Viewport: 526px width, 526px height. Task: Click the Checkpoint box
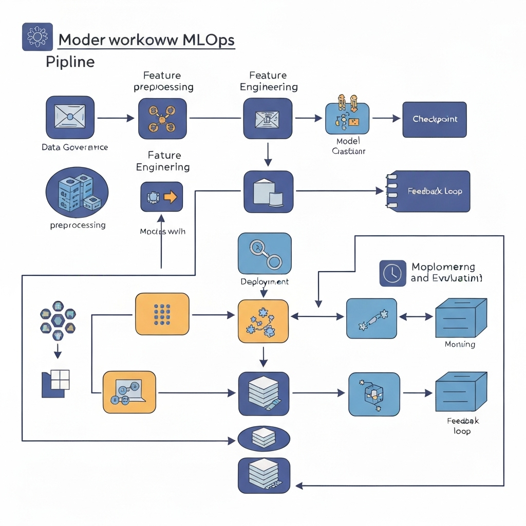pos(434,119)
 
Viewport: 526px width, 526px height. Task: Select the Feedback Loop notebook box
pos(429,191)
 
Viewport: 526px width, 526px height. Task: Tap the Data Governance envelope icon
pos(70,118)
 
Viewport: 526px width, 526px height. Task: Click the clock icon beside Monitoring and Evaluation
pos(392,273)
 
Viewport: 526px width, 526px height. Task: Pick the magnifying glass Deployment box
pos(265,254)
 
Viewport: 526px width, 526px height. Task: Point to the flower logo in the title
pos(37,37)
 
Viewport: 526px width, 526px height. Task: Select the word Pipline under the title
pos(70,62)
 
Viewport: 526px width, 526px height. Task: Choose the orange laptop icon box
pos(128,392)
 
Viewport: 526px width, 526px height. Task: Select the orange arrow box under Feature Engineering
pos(161,197)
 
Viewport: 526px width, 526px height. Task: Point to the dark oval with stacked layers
pos(265,439)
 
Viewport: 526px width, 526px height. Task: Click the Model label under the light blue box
pos(348,141)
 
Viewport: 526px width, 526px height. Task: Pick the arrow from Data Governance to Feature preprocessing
pos(116,119)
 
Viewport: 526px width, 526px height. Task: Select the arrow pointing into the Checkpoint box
pos(386,119)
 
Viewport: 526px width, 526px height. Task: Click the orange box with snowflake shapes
pos(264,321)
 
